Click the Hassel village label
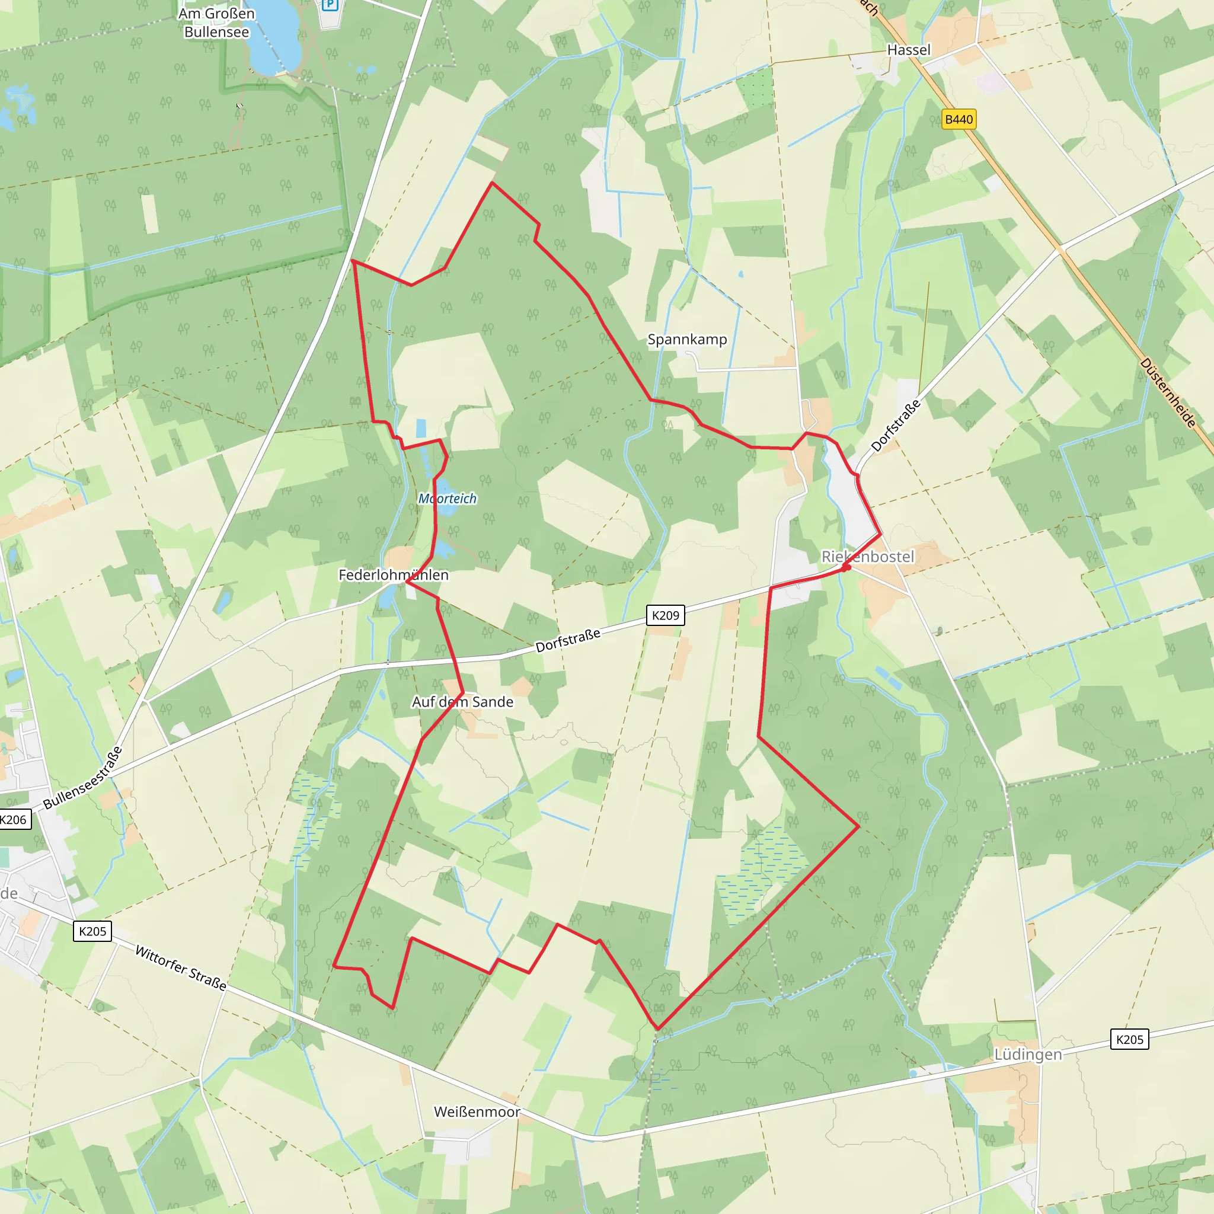908,50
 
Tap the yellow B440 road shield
959,119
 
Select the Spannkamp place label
687,340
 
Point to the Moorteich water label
448,499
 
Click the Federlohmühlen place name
394,575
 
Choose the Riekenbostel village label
868,557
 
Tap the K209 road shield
666,615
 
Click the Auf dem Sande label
462,702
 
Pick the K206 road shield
14,819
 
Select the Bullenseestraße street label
82,778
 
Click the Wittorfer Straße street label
181,969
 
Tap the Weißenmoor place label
477,1112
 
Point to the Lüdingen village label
1028,1055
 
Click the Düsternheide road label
1168,393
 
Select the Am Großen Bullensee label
216,23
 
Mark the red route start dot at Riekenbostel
846,567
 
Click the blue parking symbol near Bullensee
330,5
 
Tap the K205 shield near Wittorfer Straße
93,931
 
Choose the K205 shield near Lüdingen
1129,1039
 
